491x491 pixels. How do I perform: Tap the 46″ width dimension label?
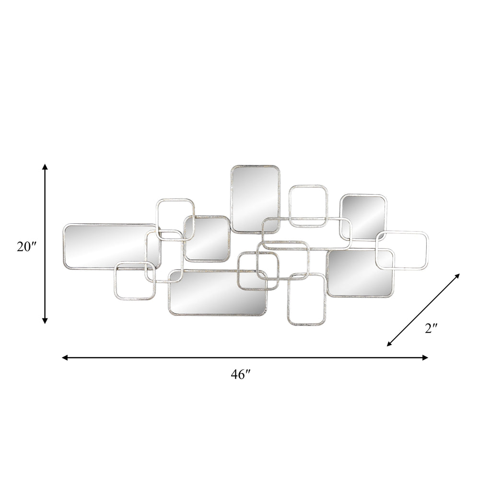pos(241,375)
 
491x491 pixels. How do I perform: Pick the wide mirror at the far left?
pos(105,246)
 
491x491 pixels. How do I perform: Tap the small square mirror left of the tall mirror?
pos(207,238)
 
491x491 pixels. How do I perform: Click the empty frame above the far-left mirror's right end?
pos(175,218)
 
